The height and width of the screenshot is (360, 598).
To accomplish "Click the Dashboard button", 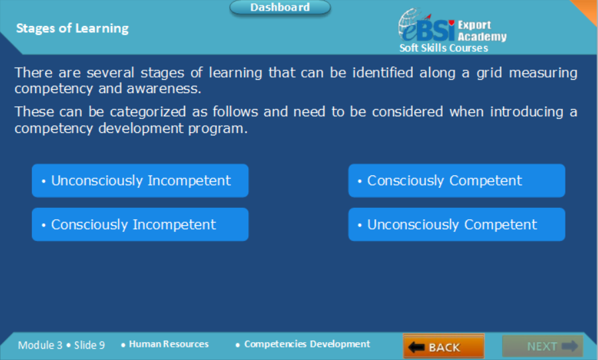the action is click(x=280, y=7).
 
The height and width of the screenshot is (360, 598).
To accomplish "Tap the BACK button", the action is click(x=443, y=347).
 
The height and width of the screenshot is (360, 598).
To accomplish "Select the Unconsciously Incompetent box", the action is click(x=140, y=181).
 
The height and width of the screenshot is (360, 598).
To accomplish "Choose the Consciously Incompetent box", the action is click(x=140, y=225).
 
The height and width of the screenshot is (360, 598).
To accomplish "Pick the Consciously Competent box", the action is click(x=457, y=181).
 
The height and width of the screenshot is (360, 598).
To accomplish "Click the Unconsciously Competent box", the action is click(x=457, y=225).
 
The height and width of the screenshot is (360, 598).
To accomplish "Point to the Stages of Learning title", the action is click(x=72, y=29).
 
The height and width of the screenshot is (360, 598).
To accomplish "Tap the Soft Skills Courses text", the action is click(x=443, y=48).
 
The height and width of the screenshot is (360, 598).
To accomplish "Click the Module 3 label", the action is click(x=40, y=345).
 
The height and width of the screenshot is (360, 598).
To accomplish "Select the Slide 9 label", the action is click(x=89, y=345).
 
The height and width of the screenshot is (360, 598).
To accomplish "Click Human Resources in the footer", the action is click(x=169, y=344).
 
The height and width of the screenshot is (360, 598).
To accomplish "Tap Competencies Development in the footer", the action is click(x=307, y=344).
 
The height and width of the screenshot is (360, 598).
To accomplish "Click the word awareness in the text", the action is click(x=164, y=89).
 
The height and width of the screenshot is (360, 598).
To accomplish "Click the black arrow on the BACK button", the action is click(x=416, y=347).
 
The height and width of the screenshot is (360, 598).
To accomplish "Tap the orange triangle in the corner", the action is click(x=587, y=9).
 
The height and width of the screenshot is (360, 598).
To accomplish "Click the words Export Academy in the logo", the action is click(x=482, y=31).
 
